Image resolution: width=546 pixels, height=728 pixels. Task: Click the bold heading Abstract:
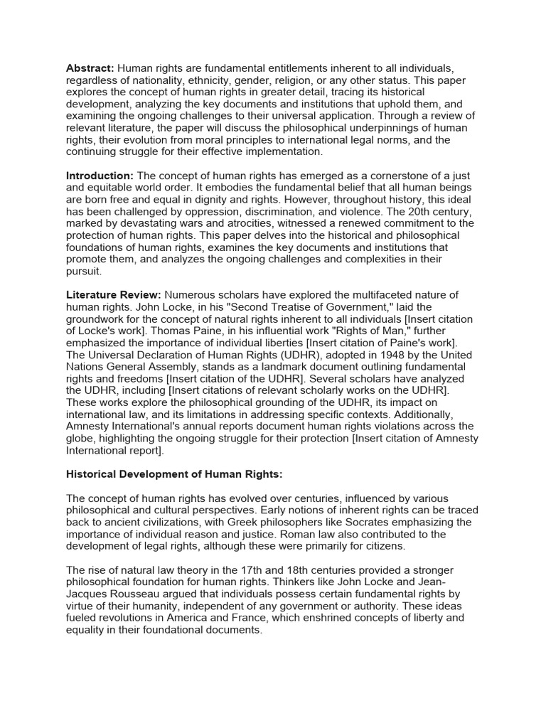pos(90,68)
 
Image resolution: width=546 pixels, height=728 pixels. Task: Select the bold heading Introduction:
pos(100,176)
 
